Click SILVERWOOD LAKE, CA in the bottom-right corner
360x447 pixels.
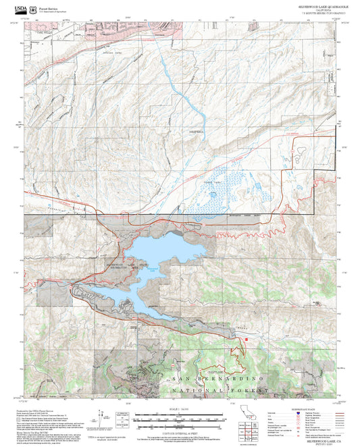(x=317, y=438)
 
